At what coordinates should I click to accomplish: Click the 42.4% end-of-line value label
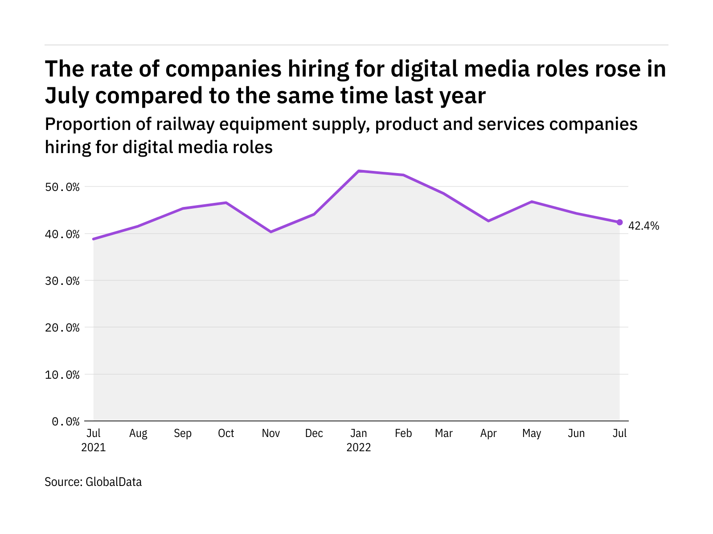point(643,226)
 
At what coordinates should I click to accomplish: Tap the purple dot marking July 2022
point(619,222)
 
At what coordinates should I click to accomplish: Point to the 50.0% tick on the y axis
point(62,187)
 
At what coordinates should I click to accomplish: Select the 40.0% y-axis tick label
point(62,234)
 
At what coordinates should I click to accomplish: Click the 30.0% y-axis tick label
point(62,281)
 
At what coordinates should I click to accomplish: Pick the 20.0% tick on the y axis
point(62,328)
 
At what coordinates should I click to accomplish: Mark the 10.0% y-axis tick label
point(62,375)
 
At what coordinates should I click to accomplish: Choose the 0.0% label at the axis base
point(66,421)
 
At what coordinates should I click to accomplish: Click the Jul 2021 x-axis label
point(94,440)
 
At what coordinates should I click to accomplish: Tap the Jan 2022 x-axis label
point(359,440)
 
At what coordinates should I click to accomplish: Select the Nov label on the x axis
point(270,433)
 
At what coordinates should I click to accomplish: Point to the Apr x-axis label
point(488,433)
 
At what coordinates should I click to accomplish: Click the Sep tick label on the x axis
point(183,433)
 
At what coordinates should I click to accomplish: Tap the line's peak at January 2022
point(359,171)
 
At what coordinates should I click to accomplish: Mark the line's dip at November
point(270,232)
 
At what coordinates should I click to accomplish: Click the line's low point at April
point(488,221)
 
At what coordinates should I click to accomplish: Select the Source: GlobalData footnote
point(93,482)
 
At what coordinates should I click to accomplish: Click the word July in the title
point(67,96)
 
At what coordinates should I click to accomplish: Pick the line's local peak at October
point(226,203)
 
